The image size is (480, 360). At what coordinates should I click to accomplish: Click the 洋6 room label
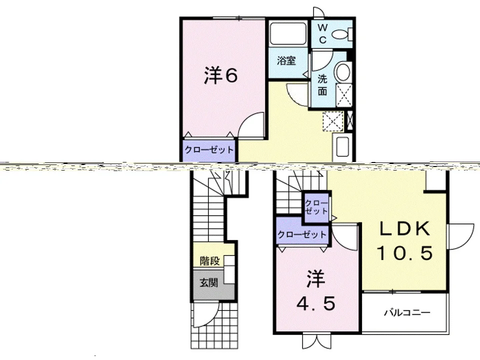click(220, 75)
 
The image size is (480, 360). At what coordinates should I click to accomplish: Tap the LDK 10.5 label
click(404, 240)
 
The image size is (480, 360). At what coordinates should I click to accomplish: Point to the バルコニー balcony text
click(407, 312)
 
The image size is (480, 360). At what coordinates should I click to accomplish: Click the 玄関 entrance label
click(209, 282)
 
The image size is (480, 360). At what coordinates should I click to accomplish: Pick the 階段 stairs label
click(209, 261)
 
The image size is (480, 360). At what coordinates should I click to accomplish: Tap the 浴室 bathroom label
click(286, 60)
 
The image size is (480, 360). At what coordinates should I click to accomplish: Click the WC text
click(322, 33)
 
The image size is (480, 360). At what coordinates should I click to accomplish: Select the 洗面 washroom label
click(322, 85)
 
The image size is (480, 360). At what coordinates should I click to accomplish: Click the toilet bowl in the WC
click(341, 34)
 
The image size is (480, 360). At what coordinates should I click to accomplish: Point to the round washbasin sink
click(343, 72)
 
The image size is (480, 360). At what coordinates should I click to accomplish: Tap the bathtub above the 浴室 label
click(288, 33)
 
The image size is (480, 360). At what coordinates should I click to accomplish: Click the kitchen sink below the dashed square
click(342, 146)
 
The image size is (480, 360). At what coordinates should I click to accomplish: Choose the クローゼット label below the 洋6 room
click(209, 150)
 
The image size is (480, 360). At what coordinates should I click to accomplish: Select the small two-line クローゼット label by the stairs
click(316, 207)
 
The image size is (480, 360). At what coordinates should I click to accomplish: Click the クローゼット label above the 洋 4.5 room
click(302, 235)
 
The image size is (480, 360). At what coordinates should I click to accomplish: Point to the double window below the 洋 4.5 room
click(316, 340)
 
